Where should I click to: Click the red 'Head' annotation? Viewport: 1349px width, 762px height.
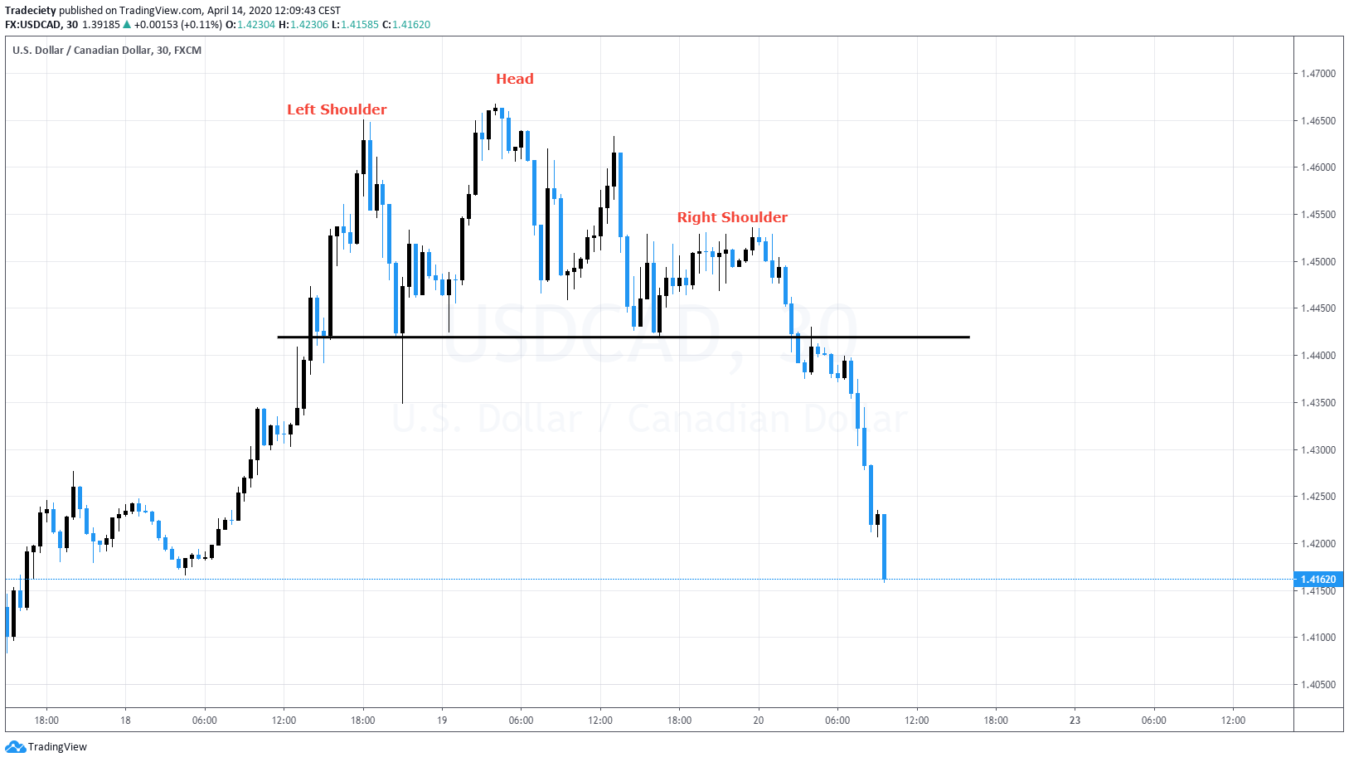pyautogui.click(x=514, y=79)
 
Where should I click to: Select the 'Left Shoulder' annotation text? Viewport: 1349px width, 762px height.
pyautogui.click(x=337, y=109)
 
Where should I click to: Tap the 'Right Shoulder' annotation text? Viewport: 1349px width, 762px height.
pyautogui.click(x=732, y=217)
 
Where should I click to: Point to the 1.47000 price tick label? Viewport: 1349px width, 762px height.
pyautogui.click(x=1317, y=74)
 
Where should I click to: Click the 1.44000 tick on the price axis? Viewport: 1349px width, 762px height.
pyautogui.click(x=1317, y=356)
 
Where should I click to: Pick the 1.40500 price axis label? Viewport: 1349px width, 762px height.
pyautogui.click(x=1317, y=685)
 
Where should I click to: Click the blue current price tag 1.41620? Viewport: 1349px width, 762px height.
pyautogui.click(x=1317, y=580)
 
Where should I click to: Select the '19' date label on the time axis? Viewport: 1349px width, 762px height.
pyautogui.click(x=442, y=720)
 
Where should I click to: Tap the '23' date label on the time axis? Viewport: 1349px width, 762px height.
pyautogui.click(x=1075, y=720)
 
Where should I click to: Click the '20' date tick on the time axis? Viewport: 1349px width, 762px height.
pyautogui.click(x=758, y=720)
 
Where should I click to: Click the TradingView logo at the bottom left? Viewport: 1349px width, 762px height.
pyautogui.click(x=46, y=747)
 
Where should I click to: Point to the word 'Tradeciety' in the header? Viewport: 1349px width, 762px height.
pyautogui.click(x=31, y=11)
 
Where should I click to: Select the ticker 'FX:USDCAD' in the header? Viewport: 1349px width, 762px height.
pyautogui.click(x=33, y=25)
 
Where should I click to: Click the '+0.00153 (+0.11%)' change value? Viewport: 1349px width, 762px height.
pyautogui.click(x=177, y=25)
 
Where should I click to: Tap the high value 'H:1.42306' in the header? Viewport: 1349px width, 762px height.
pyautogui.click(x=303, y=25)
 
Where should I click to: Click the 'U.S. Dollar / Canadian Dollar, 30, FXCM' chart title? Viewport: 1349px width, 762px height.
pyautogui.click(x=107, y=51)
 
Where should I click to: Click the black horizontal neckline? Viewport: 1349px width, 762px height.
pyautogui.click(x=622, y=337)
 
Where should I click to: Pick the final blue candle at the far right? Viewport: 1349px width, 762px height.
pyautogui.click(x=885, y=547)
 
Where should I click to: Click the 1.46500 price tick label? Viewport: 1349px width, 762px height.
pyautogui.click(x=1317, y=121)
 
